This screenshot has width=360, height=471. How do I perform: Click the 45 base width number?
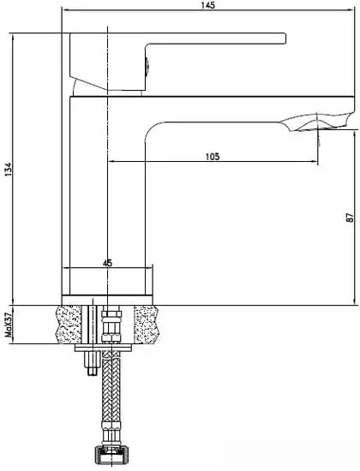107,264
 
